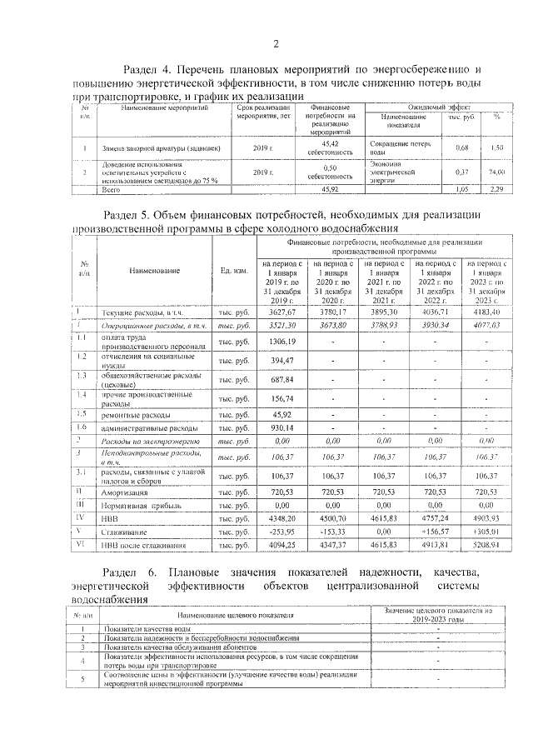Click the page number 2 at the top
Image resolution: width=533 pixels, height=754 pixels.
pyautogui.click(x=276, y=43)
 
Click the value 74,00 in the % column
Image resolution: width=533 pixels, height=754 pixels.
pyautogui.click(x=497, y=171)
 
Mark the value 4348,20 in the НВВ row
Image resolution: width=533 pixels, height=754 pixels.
pyautogui.click(x=282, y=517)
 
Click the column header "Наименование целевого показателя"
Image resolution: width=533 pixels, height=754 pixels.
pyautogui.click(x=234, y=614)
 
